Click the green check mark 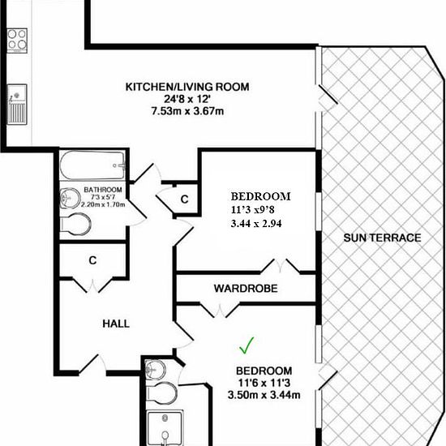click(x=247, y=345)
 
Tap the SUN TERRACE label click(x=382, y=238)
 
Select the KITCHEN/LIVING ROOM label click(x=187, y=87)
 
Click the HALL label click(x=116, y=324)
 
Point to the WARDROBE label click(x=246, y=289)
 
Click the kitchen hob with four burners click(x=17, y=41)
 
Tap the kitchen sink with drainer click(x=17, y=104)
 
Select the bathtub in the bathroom click(x=93, y=165)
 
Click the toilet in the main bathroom click(x=75, y=224)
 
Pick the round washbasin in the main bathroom click(x=71, y=198)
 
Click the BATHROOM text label click(x=103, y=190)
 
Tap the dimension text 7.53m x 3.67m click(x=188, y=111)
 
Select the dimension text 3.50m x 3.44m click(x=264, y=395)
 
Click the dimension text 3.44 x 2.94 click(x=256, y=224)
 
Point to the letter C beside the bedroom click(x=185, y=199)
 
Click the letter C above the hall click(x=92, y=260)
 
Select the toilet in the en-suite click(x=161, y=393)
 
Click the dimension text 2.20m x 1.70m click(x=103, y=204)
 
